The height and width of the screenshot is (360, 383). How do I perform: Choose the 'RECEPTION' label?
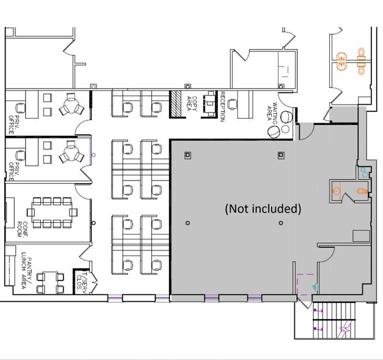223,107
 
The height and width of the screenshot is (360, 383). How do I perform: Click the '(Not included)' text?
263,209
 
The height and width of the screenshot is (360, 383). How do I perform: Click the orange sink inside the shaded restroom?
336,190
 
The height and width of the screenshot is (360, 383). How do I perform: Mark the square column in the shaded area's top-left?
189,154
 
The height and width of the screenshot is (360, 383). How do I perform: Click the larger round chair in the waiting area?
275,131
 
